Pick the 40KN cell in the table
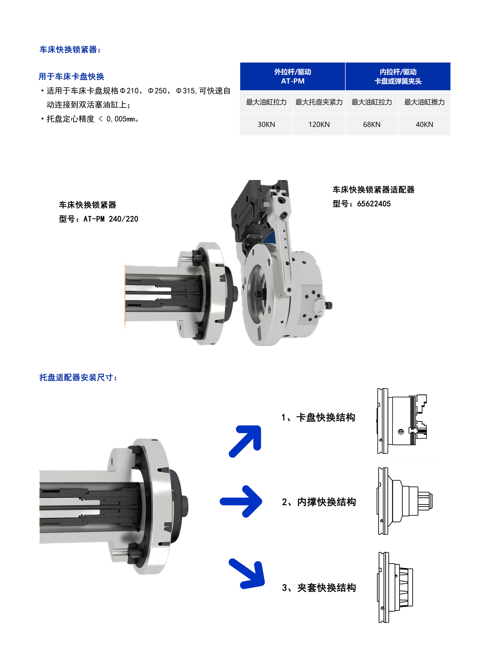424,124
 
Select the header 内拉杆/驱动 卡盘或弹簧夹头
398,76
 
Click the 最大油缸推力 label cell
424,102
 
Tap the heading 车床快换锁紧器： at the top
70,50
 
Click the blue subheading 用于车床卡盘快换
71,76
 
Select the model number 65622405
374,204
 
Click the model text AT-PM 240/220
111,219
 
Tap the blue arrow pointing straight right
241,501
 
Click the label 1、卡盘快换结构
318,417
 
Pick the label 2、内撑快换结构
319,502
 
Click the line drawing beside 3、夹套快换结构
395,587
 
